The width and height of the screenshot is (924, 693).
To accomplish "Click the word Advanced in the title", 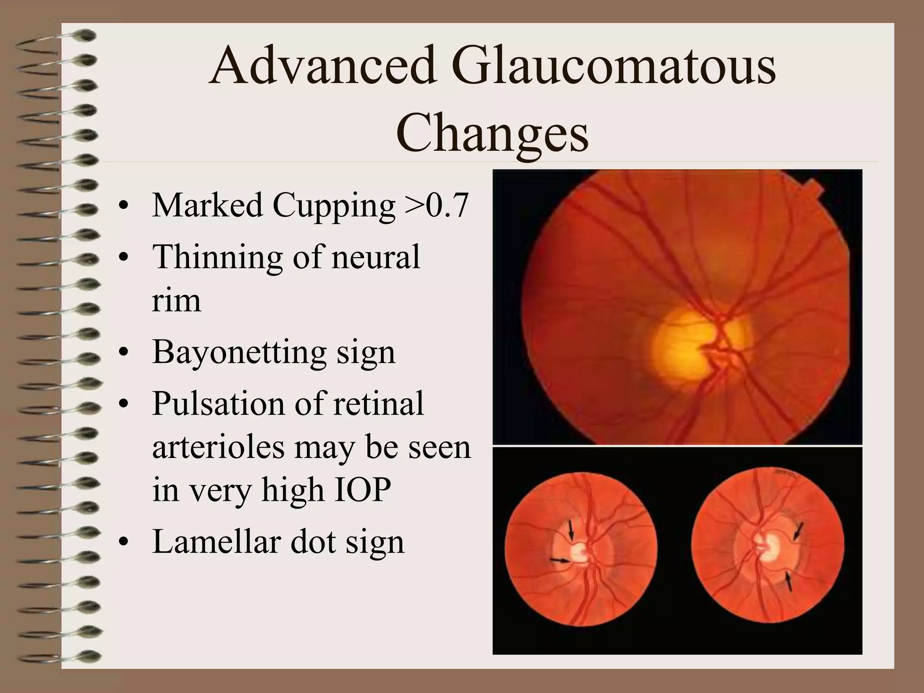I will click(x=323, y=66).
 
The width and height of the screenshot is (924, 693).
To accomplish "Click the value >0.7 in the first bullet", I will click(x=436, y=205).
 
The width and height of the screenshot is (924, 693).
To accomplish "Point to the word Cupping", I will click(x=333, y=205).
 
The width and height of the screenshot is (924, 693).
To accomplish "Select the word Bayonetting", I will click(x=239, y=352).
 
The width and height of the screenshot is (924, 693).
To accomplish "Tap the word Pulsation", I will click(x=219, y=403).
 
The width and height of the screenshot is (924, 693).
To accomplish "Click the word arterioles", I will click(x=218, y=447).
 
